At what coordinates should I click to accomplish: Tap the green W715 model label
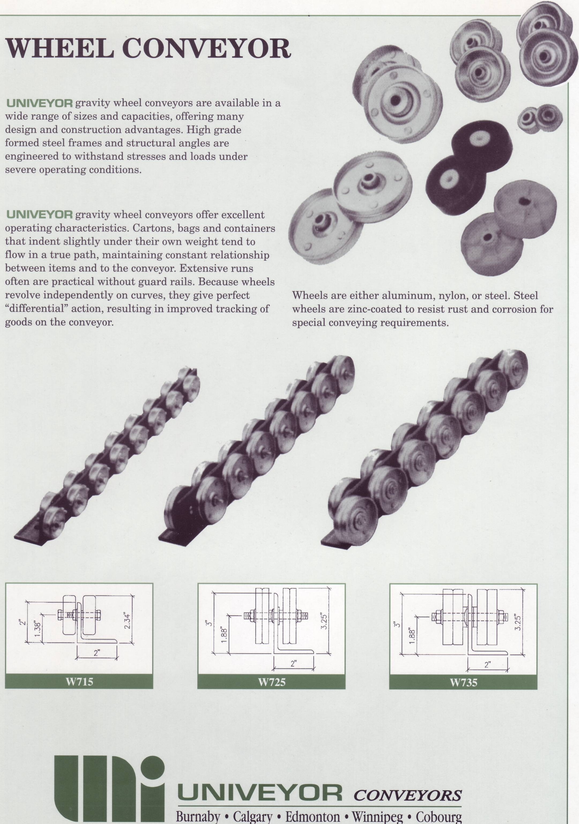coord(79,682)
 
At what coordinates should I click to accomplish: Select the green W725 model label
coord(272,682)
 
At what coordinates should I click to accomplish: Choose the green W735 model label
coord(463,682)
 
